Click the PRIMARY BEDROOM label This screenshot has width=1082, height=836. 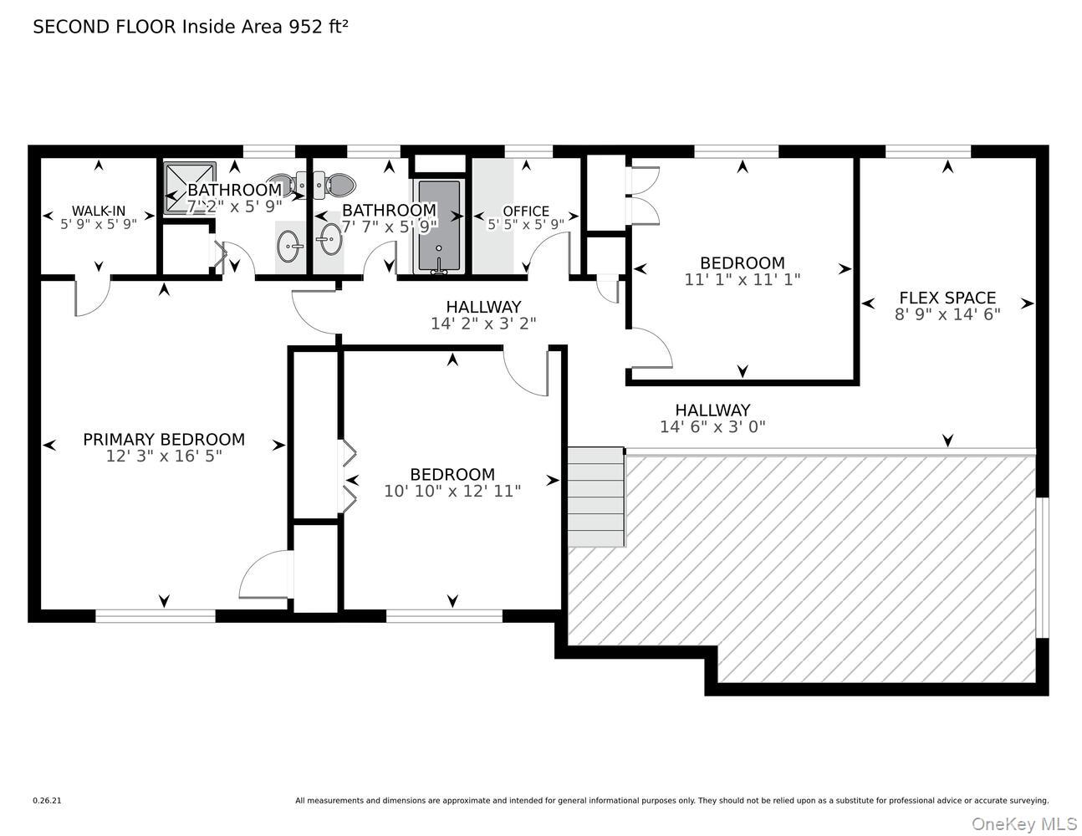click(164, 439)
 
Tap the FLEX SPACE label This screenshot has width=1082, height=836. click(947, 298)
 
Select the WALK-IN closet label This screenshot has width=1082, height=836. click(99, 211)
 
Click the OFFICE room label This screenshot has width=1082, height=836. click(526, 211)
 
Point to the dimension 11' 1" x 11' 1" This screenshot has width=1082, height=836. click(743, 280)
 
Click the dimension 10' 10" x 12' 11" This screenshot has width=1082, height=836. click(452, 492)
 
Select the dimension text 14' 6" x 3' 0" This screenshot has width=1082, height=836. click(712, 426)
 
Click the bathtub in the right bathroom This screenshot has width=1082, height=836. click(439, 226)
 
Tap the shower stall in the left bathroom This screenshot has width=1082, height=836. click(189, 187)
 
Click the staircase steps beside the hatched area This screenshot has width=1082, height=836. click(596, 497)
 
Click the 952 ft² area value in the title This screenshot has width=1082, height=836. click(318, 26)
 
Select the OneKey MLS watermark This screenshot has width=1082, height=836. click(1025, 823)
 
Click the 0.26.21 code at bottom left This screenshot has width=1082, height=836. click(47, 800)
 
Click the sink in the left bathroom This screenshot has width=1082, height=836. click(292, 245)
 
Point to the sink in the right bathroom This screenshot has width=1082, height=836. click(329, 243)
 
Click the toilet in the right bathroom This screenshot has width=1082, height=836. click(339, 183)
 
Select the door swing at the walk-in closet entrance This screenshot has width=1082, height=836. click(92, 298)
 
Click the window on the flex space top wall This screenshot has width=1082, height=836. click(928, 151)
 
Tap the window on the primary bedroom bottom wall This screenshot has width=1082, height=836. click(156, 616)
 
